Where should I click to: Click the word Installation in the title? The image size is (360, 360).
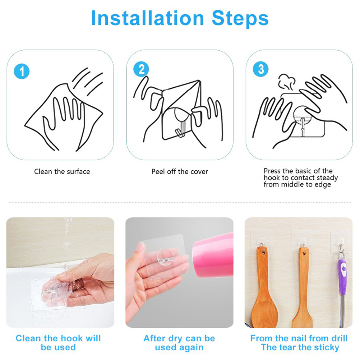coord(148,18)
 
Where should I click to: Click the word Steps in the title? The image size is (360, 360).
coord(240,18)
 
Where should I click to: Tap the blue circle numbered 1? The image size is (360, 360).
coord(22,71)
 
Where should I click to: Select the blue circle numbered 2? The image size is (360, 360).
coord(141,69)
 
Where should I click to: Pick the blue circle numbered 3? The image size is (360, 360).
coord(260,69)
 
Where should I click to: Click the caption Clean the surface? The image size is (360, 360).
coord(62,171)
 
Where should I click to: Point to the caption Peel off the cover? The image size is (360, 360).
coord(180,171)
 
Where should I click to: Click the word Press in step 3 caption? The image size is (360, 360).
coord(272,171)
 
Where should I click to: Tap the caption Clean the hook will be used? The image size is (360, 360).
coord(58,343)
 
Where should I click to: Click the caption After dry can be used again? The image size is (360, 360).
coord(179,343)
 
